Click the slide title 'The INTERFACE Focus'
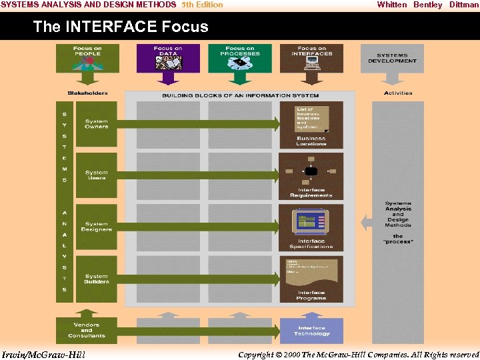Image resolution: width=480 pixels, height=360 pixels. click(121, 27)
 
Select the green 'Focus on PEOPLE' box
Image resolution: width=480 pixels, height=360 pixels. click(88, 58)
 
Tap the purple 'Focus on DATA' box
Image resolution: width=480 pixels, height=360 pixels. click(168, 58)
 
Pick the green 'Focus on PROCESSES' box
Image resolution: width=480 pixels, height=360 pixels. click(240, 58)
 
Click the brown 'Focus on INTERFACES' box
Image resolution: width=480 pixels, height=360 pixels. click(311, 58)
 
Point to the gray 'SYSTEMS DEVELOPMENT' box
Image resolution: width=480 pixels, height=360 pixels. click(392, 58)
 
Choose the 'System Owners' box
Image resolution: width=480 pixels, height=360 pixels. click(96, 124)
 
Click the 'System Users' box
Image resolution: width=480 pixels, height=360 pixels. click(96, 175)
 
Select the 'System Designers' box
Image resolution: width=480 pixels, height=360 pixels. click(96, 227)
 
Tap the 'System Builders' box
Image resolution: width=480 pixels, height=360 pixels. click(96, 278)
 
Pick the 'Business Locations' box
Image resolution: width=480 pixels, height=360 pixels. click(311, 125)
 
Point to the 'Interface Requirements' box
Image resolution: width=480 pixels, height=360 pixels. click(311, 176)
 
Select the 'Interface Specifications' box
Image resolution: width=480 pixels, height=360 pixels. click(311, 227)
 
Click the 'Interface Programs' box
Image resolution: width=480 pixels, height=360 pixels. click(311, 279)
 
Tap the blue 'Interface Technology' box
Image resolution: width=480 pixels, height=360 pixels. click(311, 330)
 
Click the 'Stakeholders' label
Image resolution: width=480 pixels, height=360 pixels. click(87, 93)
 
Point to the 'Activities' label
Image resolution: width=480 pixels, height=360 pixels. click(398, 93)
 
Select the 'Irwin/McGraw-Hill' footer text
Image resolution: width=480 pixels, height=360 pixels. click(43, 354)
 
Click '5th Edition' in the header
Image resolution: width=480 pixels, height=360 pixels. click(202, 5)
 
